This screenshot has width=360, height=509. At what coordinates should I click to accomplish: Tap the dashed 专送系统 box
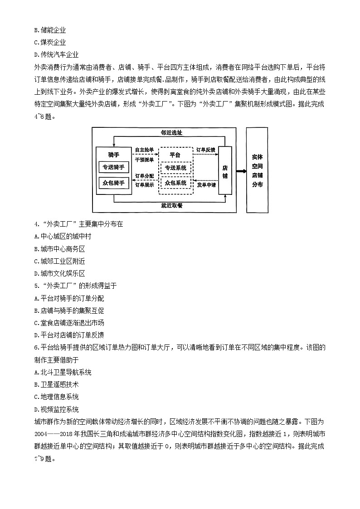click(175, 168)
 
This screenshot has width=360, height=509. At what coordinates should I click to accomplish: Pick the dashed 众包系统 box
click(175, 183)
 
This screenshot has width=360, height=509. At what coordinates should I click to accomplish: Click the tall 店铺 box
click(225, 170)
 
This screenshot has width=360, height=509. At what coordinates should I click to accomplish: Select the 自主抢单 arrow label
click(144, 150)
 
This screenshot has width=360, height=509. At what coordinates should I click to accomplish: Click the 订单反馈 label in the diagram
click(205, 150)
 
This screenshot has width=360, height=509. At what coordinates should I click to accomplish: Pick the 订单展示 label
click(144, 185)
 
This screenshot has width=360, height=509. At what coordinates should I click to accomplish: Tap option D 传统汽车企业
click(56, 54)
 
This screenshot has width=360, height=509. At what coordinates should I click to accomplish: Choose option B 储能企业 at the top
click(50, 30)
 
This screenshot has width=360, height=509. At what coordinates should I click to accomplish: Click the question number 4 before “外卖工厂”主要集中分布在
click(36, 224)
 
